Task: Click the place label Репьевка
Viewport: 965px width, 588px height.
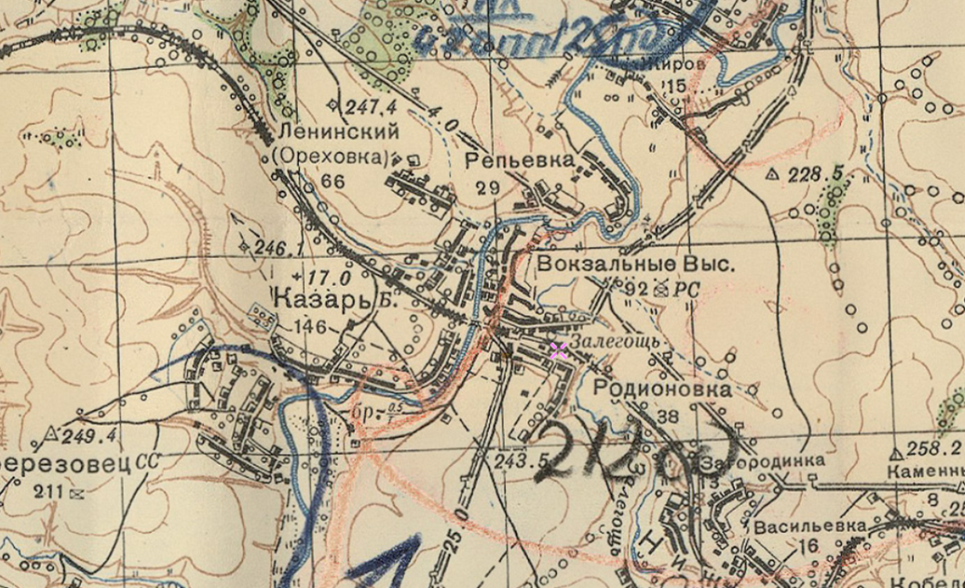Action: click(519, 160)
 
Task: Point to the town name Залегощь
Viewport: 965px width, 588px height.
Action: click(616, 343)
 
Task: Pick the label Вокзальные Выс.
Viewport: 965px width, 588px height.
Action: click(637, 265)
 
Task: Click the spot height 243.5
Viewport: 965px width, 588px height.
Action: click(519, 459)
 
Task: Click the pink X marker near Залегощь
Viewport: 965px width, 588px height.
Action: click(558, 350)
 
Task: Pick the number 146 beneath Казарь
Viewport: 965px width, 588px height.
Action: click(309, 326)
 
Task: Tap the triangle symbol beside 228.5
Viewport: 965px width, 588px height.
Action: click(770, 174)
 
